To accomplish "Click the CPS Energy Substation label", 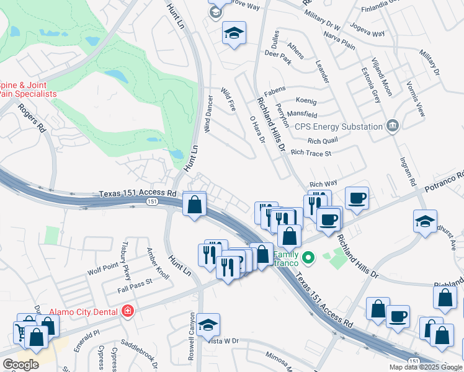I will click(x=338, y=126).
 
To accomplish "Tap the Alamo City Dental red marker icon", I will click(x=127, y=311).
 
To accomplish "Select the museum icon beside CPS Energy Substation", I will click(x=391, y=126).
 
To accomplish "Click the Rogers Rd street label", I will click(x=32, y=118).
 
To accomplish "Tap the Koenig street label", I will click(x=306, y=101).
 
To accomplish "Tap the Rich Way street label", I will click(x=323, y=184).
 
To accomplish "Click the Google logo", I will click(x=20, y=364).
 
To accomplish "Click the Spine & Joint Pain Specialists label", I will click(x=27, y=89).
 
